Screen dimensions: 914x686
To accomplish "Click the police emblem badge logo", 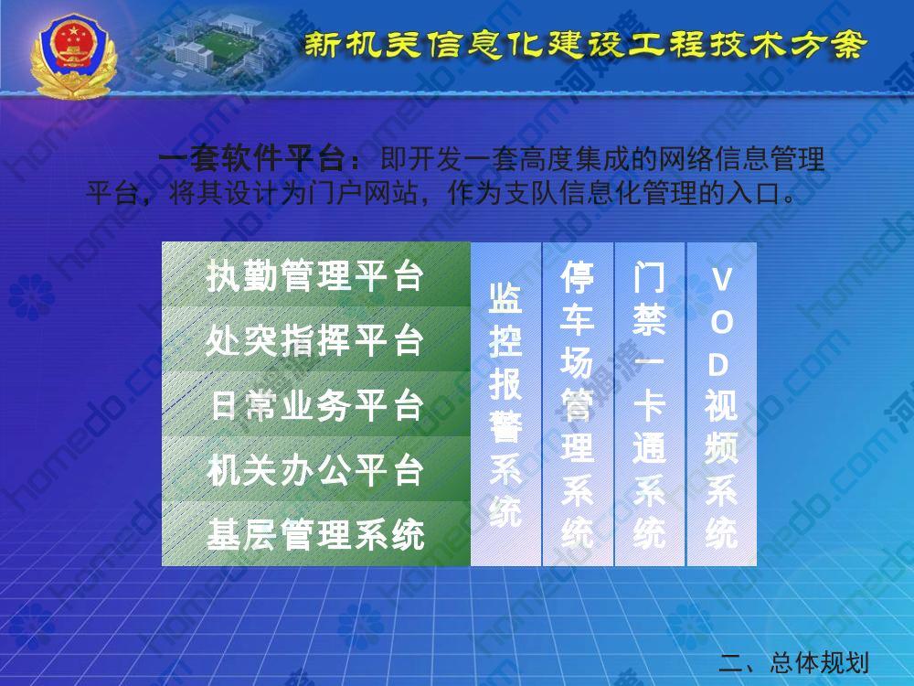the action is (x=74, y=57).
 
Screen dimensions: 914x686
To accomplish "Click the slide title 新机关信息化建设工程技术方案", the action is (x=586, y=44).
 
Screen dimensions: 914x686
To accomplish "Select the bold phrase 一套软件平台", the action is (x=252, y=159).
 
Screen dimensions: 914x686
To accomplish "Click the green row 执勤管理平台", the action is (x=316, y=274).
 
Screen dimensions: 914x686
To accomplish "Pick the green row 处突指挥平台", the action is (x=316, y=339).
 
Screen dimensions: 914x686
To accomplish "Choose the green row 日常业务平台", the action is (x=316, y=404).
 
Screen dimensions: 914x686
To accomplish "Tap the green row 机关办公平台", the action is (x=316, y=469).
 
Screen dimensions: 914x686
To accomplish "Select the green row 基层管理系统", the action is (x=316, y=534).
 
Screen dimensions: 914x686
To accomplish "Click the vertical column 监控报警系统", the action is (x=505, y=404).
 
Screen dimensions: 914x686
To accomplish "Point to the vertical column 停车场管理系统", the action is (x=578, y=404).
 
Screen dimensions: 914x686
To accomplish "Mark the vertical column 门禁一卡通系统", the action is (x=649, y=404).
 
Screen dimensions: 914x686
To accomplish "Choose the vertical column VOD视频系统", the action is (x=722, y=404).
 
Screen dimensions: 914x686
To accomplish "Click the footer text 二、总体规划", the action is (x=793, y=662).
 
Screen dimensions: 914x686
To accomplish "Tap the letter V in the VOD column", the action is (x=722, y=280).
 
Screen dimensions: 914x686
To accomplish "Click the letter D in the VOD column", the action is (x=719, y=365).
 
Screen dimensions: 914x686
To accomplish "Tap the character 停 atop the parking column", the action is (x=577, y=278).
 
